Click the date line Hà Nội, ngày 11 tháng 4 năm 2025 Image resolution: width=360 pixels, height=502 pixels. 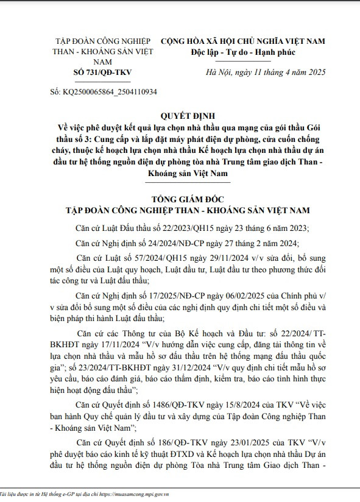[x=258, y=72]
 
